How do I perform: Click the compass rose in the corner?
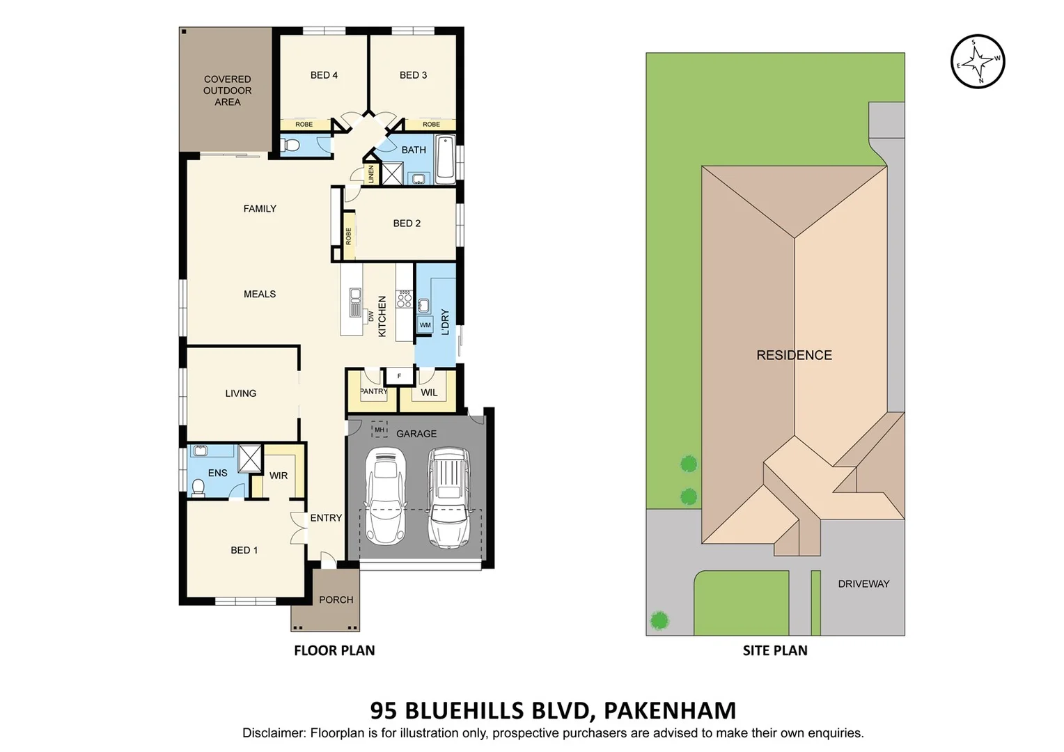pyautogui.click(x=978, y=61)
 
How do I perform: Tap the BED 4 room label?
pyautogui.click(x=324, y=75)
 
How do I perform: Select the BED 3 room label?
pyautogui.click(x=413, y=75)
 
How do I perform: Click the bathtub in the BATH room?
pyautogui.click(x=445, y=159)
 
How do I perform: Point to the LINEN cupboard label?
pyautogui.click(x=371, y=174)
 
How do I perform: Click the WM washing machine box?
pyautogui.click(x=425, y=325)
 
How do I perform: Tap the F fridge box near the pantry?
pyautogui.click(x=399, y=376)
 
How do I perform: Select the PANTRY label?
pyautogui.click(x=373, y=391)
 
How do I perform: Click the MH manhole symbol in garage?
pyautogui.click(x=379, y=429)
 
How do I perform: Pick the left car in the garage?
pyautogui.click(x=385, y=496)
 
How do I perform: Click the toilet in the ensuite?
pyautogui.click(x=197, y=487)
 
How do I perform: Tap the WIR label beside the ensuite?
pyautogui.click(x=279, y=476)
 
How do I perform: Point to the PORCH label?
pyautogui.click(x=336, y=600)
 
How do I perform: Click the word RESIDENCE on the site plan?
pyautogui.click(x=794, y=355)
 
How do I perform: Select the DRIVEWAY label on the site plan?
pyautogui.click(x=863, y=583)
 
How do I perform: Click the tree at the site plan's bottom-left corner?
pyautogui.click(x=659, y=620)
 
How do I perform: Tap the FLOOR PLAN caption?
pyautogui.click(x=334, y=650)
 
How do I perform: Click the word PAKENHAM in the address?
pyautogui.click(x=669, y=710)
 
